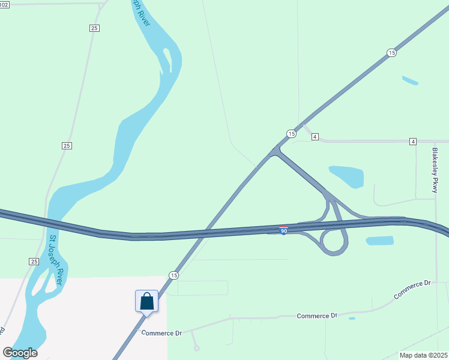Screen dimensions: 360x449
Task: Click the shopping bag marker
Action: point(147,301)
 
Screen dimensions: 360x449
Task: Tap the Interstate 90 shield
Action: point(284,230)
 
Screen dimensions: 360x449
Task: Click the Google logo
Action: point(20,353)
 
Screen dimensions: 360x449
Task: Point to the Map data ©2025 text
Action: point(423,355)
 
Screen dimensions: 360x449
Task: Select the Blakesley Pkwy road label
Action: point(436,170)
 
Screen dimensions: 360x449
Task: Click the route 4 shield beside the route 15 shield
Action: point(315,137)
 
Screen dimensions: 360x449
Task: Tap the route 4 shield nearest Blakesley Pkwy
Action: point(413,141)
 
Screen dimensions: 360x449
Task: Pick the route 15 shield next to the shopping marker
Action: point(173,275)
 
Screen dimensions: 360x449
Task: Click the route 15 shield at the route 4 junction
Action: point(291,133)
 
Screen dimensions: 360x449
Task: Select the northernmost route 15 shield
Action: point(391,53)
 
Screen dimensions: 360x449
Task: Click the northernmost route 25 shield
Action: point(95,28)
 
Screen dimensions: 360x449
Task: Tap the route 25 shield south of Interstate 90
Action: point(34,262)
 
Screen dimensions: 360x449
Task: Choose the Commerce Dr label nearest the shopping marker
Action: point(161,333)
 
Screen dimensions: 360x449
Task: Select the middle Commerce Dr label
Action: point(318,316)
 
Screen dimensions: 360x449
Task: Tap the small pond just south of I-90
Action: point(379,241)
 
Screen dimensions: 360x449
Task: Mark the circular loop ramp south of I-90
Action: point(334,242)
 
